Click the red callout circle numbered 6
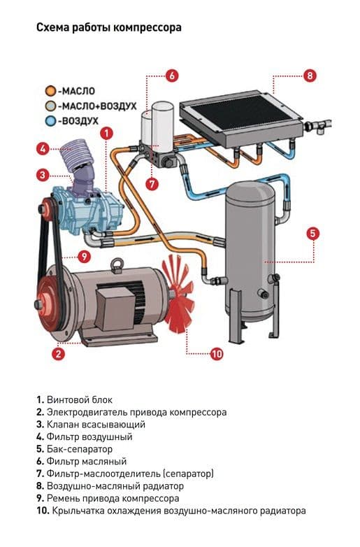pyautogui.click(x=171, y=76)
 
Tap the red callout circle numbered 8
pyautogui.click(x=310, y=76)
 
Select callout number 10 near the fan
pyautogui.click(x=217, y=354)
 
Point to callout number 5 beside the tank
pyautogui.click(x=312, y=233)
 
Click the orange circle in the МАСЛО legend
pyautogui.click(x=50, y=91)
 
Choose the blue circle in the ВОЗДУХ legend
pyautogui.click(x=50, y=121)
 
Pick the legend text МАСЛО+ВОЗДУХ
pyautogui.click(x=97, y=106)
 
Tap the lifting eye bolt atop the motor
pyautogui.click(x=117, y=266)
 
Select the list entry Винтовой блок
pyautogui.click(x=80, y=400)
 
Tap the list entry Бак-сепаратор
pyautogui.click(x=80, y=449)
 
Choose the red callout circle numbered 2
pyautogui.click(x=59, y=354)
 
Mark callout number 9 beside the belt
pyautogui.click(x=84, y=257)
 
